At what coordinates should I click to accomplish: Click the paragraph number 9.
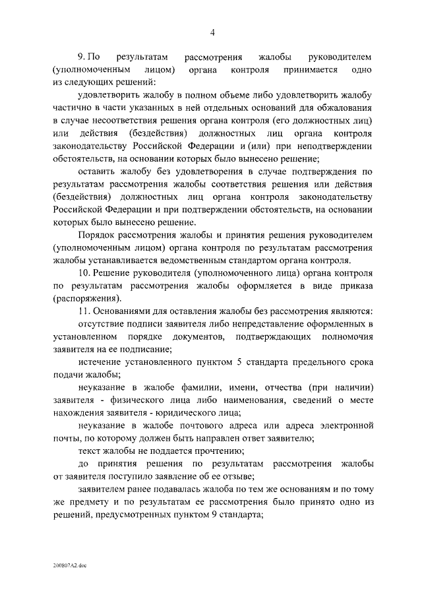82,57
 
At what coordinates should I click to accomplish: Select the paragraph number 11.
84,311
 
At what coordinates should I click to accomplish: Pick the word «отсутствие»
103,324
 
